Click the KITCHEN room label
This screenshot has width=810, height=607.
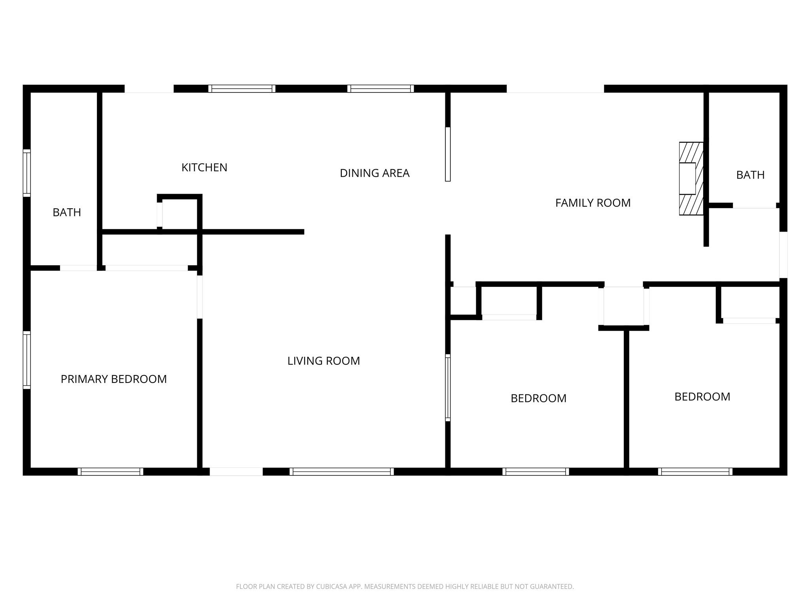(204, 168)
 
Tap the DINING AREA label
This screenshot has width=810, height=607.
(375, 173)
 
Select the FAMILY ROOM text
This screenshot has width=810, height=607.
(592, 203)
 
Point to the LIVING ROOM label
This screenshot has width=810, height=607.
(324, 361)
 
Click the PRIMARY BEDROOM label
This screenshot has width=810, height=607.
(114, 379)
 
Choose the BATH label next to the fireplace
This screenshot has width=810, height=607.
(750, 175)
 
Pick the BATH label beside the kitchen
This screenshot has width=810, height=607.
(67, 213)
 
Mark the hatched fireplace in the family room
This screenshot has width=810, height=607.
(691, 179)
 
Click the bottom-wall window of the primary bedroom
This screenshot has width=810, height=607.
(110, 471)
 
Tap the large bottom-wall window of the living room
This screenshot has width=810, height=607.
(341, 471)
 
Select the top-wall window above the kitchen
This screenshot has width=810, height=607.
(242, 89)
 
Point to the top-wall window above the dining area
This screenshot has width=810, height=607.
(380, 89)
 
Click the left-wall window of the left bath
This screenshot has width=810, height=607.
(26, 173)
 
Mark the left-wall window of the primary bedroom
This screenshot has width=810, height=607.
(26, 360)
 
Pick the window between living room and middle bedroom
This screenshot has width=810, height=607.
(448, 387)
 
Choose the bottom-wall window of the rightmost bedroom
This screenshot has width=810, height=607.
(695, 471)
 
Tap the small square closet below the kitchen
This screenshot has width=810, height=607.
(180, 213)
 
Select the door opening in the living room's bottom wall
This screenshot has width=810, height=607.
(236, 471)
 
